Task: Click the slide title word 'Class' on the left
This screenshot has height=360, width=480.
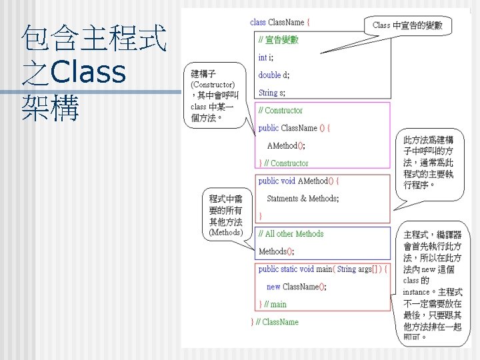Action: pos(88,73)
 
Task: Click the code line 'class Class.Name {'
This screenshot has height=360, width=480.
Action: pos(280,22)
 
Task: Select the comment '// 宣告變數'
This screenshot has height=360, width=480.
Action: pos(279,40)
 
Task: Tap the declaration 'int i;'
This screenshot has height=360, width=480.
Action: pos(266,57)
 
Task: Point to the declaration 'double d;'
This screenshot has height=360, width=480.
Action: pos(274,75)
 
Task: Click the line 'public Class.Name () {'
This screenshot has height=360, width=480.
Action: pos(294,128)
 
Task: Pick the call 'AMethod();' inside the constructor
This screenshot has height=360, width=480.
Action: pos(286,145)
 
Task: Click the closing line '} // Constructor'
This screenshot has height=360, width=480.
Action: pos(283,163)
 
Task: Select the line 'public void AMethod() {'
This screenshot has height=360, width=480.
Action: pos(299,181)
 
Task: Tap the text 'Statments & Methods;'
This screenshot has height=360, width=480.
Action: pos(303,199)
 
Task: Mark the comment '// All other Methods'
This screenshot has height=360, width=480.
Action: pos(291,234)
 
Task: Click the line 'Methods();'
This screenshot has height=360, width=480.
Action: pos(276,251)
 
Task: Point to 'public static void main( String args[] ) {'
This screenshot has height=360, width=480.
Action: pos(322,269)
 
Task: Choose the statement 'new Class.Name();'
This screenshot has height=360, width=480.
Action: pos(296,287)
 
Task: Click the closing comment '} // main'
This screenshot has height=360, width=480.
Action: pos(273,305)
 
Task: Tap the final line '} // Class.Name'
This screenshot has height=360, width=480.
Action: pos(275,322)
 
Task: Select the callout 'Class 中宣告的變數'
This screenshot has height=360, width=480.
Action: pos(407,25)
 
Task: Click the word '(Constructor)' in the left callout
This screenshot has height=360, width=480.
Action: pos(212,85)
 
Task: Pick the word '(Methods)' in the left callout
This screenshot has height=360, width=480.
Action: pos(225,233)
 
